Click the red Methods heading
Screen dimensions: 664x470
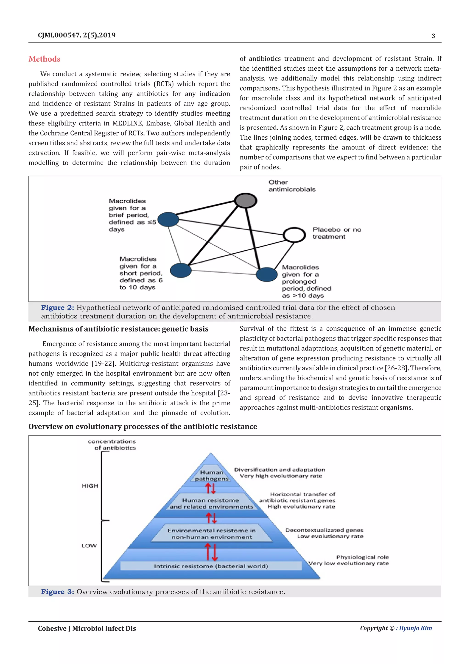[44, 59]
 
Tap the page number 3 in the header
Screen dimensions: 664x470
[433, 36]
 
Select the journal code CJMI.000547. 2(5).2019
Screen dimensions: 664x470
[77, 35]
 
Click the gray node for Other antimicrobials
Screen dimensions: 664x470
[245, 200]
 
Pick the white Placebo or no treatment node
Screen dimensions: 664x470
[294, 235]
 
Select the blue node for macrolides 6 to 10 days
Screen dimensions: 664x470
[181, 270]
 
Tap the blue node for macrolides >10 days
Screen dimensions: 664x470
[266, 274]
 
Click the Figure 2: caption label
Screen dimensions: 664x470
[57, 308]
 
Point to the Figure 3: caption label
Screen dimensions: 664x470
[57, 592]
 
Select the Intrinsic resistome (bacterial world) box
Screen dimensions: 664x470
[211, 566]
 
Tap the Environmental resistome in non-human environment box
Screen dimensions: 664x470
[212, 534]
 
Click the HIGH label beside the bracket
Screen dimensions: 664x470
[90, 486]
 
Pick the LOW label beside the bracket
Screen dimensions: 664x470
[89, 545]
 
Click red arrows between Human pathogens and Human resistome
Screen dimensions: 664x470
[211, 488]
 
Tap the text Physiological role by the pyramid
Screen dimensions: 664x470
[362, 557]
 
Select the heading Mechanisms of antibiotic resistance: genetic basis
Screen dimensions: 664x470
[118, 329]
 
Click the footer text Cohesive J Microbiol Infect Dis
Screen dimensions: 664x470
[87, 628]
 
